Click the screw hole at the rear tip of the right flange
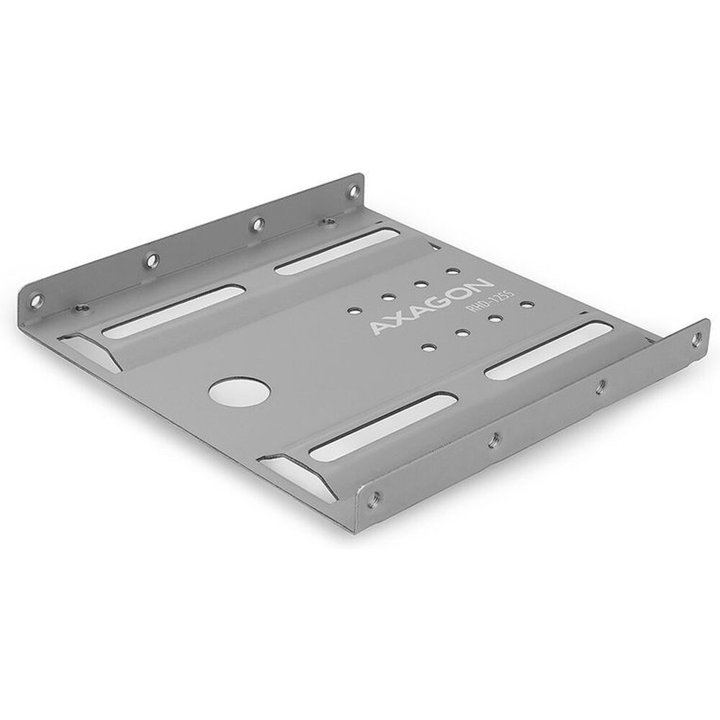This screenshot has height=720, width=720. coord(696,339)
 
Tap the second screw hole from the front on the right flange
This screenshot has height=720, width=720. coord(495,439)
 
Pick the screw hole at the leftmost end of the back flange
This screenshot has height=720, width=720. coord(36,300)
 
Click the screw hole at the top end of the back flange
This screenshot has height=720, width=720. coord(353,190)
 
